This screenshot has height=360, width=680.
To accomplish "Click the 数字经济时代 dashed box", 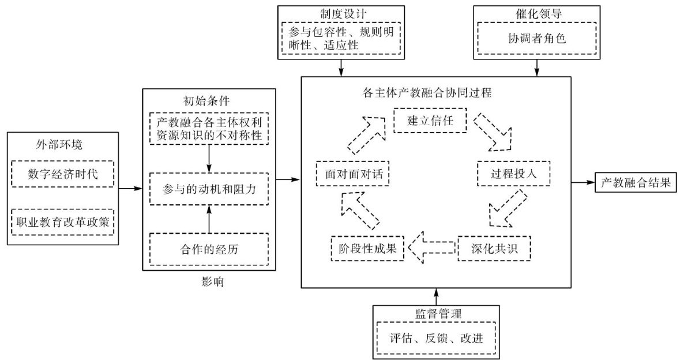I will [x=63, y=174].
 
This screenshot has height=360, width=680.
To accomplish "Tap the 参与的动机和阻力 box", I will [x=209, y=188].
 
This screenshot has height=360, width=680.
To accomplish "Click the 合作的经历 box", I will [x=209, y=249].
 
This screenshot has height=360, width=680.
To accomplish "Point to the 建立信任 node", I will [x=429, y=121].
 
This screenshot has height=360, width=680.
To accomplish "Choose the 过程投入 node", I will [x=513, y=174].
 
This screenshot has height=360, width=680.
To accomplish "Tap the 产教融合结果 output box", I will [x=635, y=183].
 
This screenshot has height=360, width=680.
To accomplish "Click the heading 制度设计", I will [x=341, y=13].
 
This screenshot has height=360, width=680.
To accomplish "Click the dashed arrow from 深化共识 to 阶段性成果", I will [x=431, y=247].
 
